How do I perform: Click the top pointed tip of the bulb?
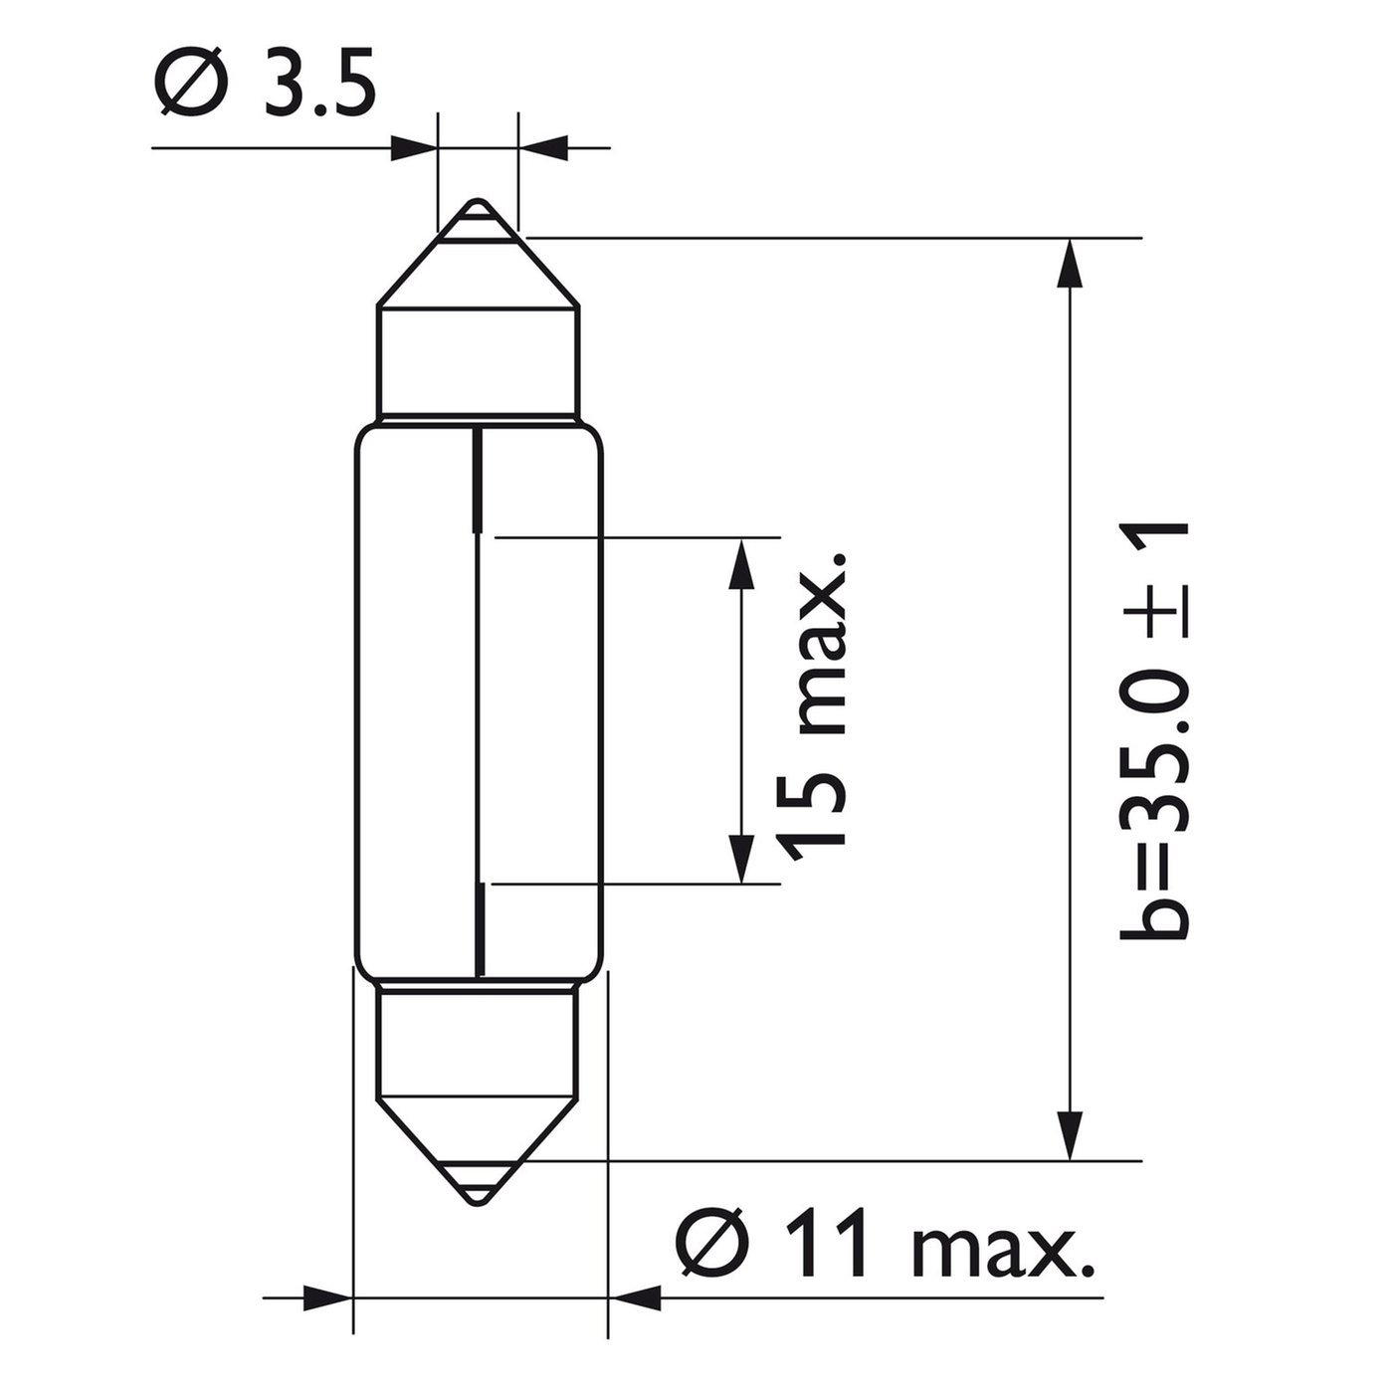point(477,200)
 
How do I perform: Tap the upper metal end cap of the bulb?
point(478,309)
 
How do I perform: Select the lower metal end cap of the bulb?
point(478,1092)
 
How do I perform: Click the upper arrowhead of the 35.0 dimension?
point(1070,264)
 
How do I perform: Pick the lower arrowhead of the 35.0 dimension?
point(1070,1134)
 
